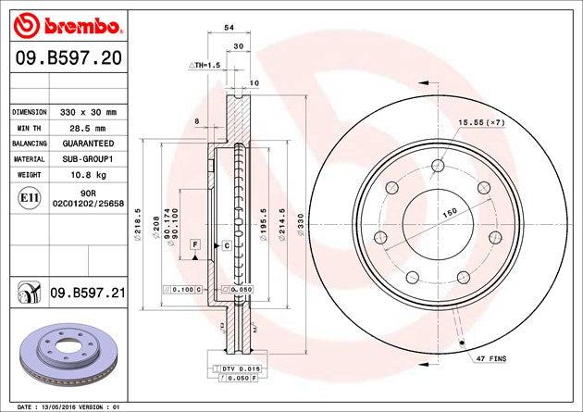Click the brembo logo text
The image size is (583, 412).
tap(82, 26)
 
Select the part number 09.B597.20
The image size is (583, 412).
tap(68, 58)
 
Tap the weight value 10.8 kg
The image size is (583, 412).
tap(89, 175)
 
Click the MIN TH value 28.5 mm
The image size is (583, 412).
tap(88, 129)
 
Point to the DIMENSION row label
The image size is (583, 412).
tap(30, 112)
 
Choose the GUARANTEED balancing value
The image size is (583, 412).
tap(88, 144)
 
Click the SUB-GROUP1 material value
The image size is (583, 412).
tap(88, 159)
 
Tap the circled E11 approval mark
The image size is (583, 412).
tap(30, 198)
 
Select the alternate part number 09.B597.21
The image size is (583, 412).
tap(88, 293)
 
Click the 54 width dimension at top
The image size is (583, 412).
tap(229, 28)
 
